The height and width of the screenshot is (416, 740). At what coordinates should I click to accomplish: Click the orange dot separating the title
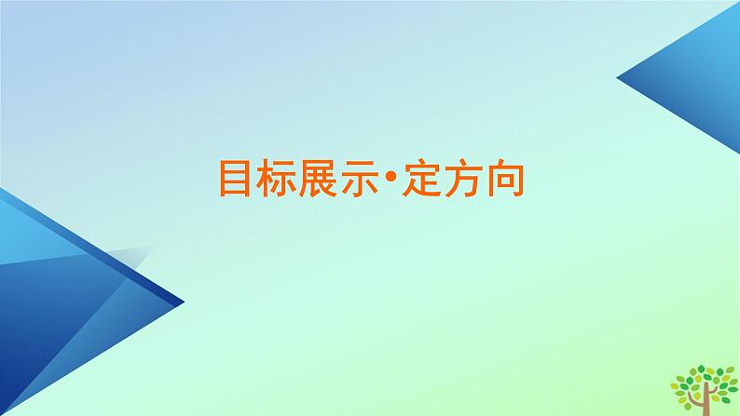(391, 178)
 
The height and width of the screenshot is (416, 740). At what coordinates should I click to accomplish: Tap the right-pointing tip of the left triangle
(183, 302)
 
